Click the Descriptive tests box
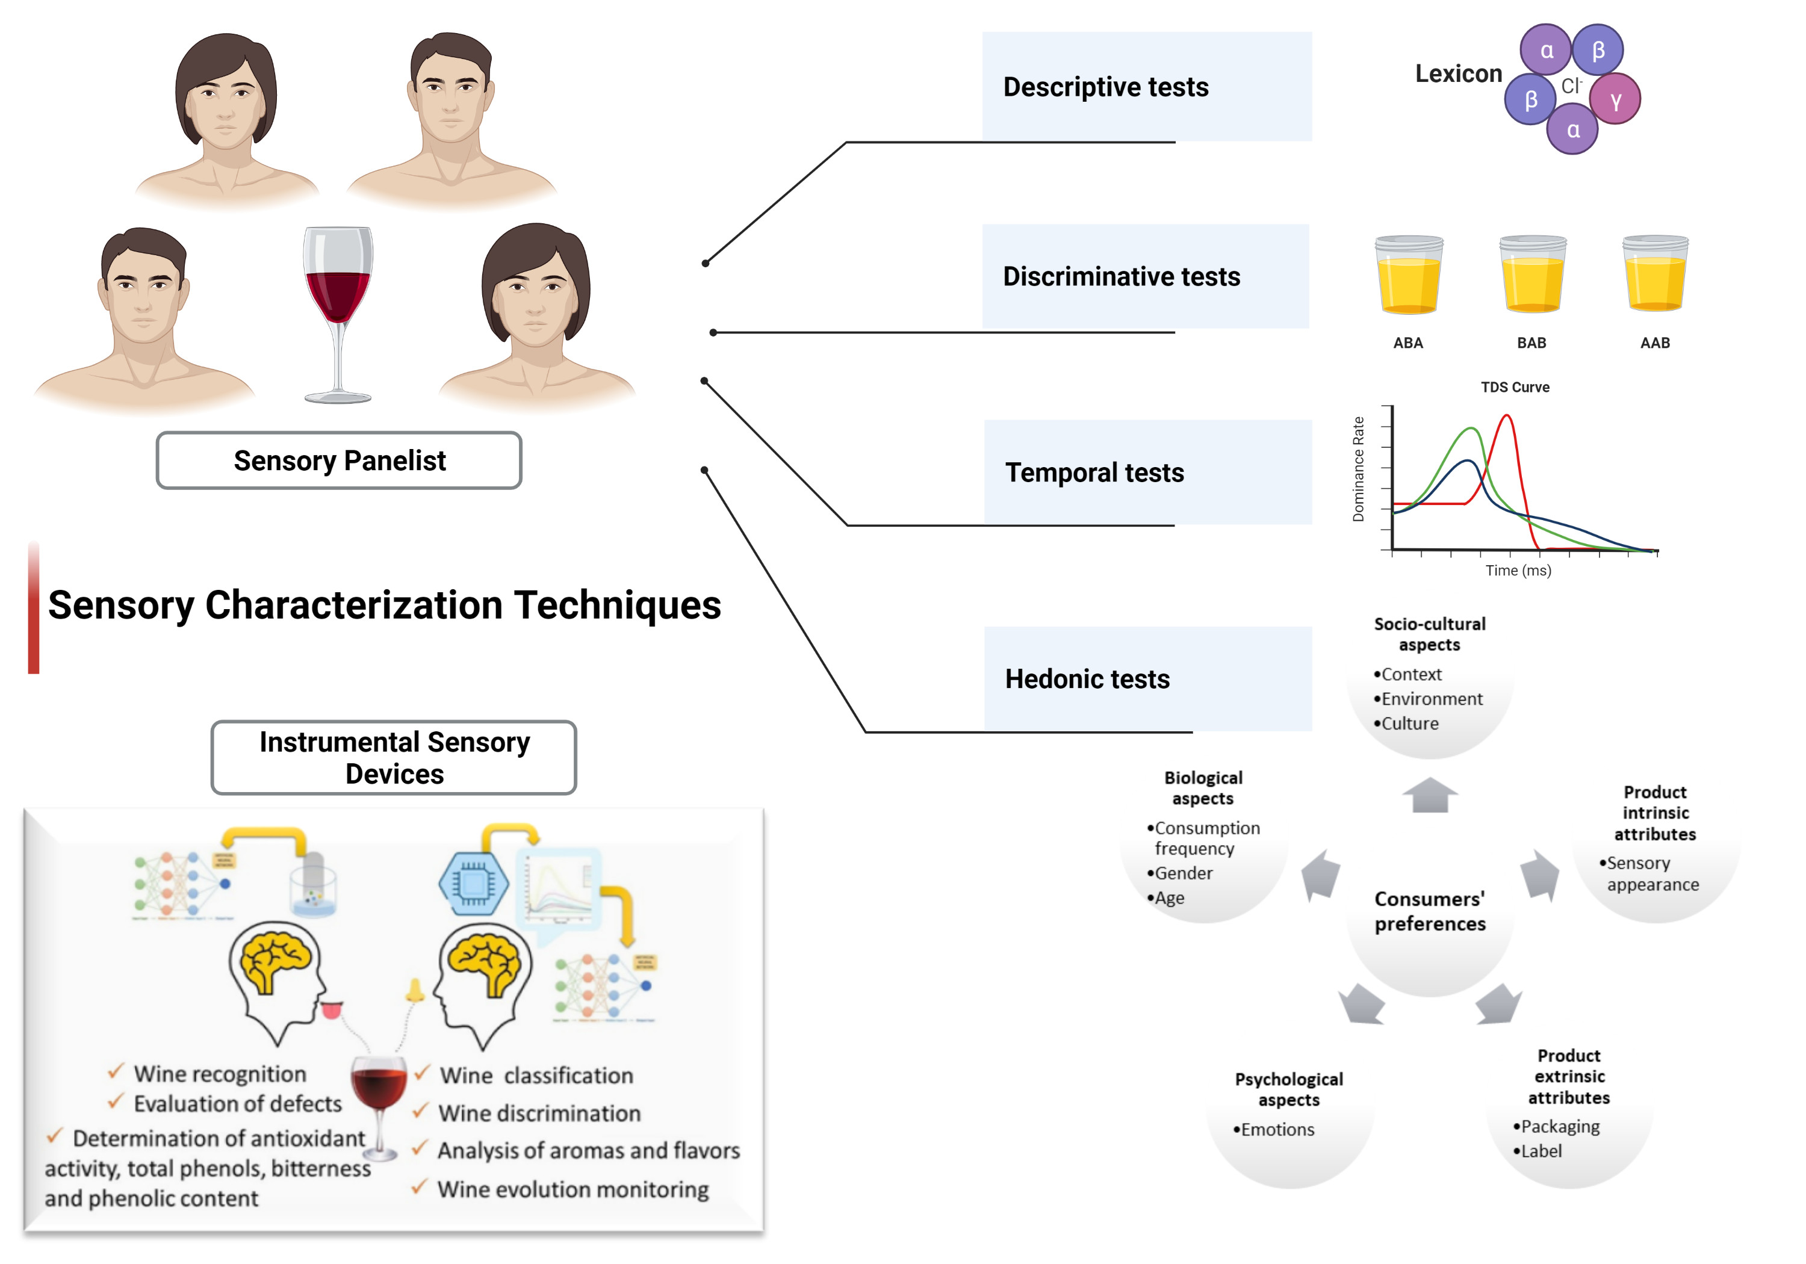click(x=1146, y=87)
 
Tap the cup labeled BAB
click(x=1531, y=274)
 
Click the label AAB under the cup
click(x=1654, y=343)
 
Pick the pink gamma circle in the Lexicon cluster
click(x=1615, y=100)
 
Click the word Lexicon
click(x=1457, y=74)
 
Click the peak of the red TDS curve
click(x=1506, y=417)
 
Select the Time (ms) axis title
click(x=1517, y=570)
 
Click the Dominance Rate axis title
click(x=1358, y=469)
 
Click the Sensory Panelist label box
click(x=339, y=460)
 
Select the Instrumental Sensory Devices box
click(x=394, y=757)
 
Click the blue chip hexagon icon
click(x=474, y=884)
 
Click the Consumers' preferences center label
click(x=1429, y=911)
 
